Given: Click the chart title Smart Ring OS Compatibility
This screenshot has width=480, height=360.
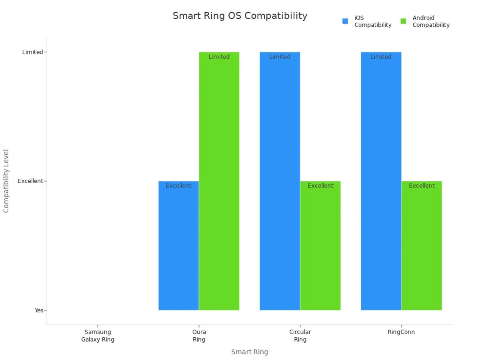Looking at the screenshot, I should coord(240,16).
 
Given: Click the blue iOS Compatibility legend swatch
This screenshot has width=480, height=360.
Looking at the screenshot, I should coord(345,21).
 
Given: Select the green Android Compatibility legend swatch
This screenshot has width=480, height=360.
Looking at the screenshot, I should coord(403,21).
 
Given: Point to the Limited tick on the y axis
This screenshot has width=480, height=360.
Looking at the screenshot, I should coord(32,52).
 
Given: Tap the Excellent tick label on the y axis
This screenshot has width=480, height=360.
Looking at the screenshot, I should coord(30,181).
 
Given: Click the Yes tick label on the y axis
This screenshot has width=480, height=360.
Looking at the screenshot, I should coord(39,310).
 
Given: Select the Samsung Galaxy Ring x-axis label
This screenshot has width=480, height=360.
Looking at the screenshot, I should coord(98,336).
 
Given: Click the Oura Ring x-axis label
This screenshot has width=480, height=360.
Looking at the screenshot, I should coord(199,336).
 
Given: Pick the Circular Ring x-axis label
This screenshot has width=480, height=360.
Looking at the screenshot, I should coord(300,336).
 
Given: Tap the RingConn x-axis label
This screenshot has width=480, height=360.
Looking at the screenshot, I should coord(401,332).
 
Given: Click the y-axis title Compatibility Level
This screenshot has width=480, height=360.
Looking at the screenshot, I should coord(6,181).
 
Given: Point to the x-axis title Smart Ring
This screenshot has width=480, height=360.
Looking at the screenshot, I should coord(250,352).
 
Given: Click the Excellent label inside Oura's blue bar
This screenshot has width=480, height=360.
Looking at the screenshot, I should coord(178,186).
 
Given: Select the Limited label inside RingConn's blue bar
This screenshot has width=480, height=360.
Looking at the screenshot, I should coord(381,57).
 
